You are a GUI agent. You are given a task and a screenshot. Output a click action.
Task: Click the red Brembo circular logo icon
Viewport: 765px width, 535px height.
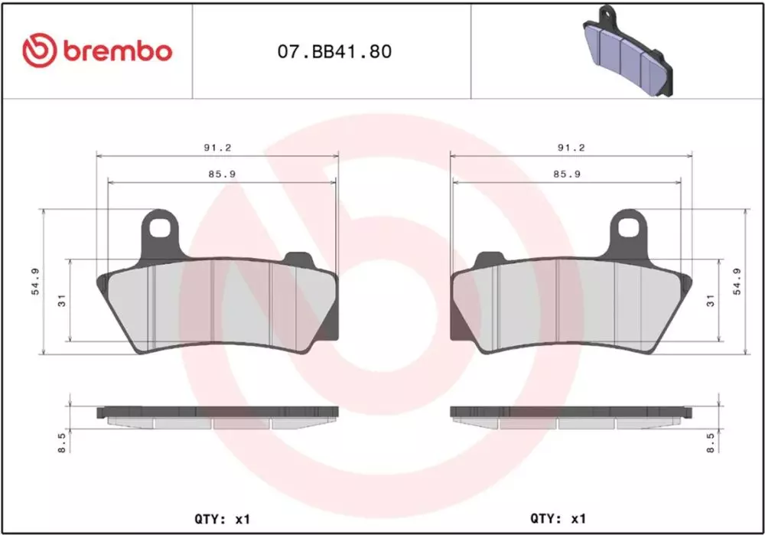(40, 51)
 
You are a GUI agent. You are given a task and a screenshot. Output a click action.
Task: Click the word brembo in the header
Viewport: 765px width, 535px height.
(117, 51)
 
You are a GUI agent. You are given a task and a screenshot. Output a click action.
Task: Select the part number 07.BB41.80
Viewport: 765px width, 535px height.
(335, 51)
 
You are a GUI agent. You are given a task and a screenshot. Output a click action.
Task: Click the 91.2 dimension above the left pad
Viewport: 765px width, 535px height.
(217, 148)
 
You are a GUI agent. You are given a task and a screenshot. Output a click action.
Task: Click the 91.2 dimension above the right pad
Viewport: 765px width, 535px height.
(571, 148)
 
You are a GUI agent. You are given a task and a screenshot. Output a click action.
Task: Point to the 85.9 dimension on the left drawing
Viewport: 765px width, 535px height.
(223, 174)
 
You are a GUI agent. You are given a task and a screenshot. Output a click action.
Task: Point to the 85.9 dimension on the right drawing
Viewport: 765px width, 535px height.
(567, 174)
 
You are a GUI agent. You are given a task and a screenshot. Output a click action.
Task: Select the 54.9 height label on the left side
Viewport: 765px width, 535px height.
(36, 282)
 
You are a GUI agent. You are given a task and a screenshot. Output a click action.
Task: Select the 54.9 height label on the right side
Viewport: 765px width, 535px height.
(737, 282)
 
